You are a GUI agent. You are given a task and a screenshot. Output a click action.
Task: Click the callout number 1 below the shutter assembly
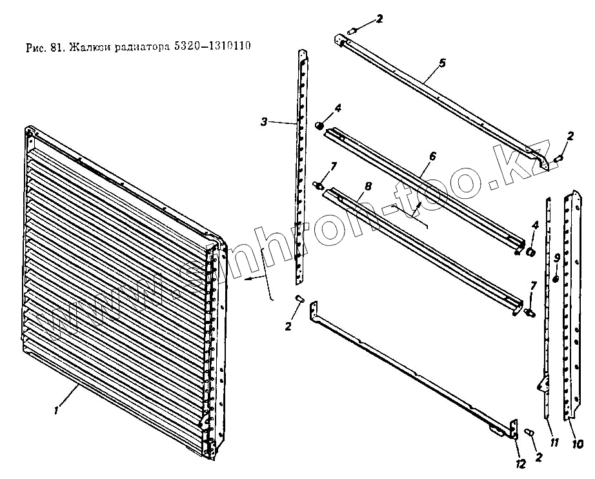point(57,409)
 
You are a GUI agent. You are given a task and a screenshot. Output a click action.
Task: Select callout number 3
point(264,121)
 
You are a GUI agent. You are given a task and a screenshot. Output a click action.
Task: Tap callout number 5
point(441,63)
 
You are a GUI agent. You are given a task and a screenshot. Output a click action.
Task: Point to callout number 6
point(432,156)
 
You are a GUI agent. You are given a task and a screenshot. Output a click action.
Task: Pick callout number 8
point(367,186)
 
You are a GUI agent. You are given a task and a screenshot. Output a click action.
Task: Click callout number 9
point(556,258)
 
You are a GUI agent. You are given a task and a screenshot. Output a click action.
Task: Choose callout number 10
point(578,443)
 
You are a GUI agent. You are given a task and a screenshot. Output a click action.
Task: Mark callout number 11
point(553,442)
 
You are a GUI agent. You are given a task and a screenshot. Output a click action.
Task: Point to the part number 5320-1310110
point(213,47)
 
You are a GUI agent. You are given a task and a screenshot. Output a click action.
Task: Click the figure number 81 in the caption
point(54,47)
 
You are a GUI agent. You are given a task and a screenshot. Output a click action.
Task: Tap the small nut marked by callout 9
point(556,279)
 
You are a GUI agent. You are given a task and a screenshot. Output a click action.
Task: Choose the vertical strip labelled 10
point(570,303)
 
